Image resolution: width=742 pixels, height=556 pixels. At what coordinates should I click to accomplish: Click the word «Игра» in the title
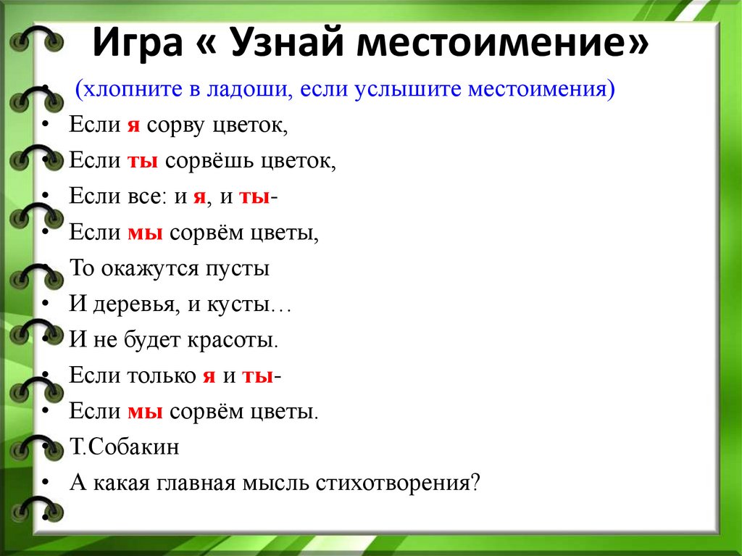[x=138, y=43]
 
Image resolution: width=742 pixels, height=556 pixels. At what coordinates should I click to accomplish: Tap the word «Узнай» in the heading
[x=287, y=42]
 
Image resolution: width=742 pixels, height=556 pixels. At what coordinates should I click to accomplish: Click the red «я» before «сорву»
[x=133, y=126]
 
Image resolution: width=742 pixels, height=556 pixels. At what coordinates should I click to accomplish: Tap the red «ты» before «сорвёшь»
[x=143, y=162]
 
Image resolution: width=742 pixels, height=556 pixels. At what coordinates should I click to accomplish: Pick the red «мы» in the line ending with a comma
[x=145, y=233]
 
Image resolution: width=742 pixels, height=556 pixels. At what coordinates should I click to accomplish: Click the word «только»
[x=162, y=375]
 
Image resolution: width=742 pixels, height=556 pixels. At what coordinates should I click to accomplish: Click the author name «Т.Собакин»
[x=125, y=447]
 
